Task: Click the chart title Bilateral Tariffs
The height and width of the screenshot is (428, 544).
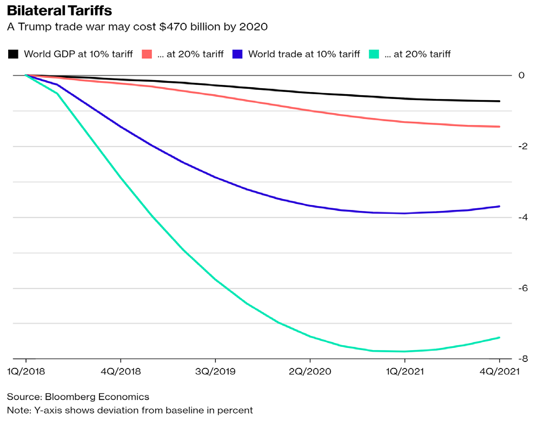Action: tap(59, 11)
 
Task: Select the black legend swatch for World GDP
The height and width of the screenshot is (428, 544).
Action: tap(14, 54)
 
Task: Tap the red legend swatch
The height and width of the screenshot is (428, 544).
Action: tap(147, 54)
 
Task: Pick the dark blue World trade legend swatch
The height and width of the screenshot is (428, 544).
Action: tap(237, 54)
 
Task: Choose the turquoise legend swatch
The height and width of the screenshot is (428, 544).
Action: tap(374, 54)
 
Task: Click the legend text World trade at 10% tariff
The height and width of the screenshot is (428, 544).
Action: tap(304, 54)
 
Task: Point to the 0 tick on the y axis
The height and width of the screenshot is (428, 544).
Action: tap(521, 75)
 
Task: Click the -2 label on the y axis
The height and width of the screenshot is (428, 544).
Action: tap(520, 146)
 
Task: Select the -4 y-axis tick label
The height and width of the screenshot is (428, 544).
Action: tap(520, 217)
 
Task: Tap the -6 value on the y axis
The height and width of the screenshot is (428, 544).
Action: tap(520, 288)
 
